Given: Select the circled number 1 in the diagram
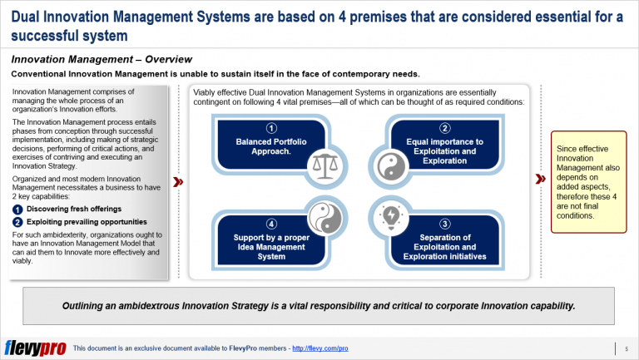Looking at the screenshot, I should coord(270,127).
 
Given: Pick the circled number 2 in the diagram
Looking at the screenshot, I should coord(445,127).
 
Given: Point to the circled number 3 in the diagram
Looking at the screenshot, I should coord(445,224).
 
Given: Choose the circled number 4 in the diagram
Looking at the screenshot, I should coord(270,224).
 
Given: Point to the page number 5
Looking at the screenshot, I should coord(626,348).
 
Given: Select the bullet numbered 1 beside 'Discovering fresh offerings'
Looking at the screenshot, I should coord(17,209).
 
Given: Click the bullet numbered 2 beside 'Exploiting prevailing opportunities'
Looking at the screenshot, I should coord(17,222).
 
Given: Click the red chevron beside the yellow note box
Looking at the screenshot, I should coord(542,178).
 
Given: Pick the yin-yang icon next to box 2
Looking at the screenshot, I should coord(389,167).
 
